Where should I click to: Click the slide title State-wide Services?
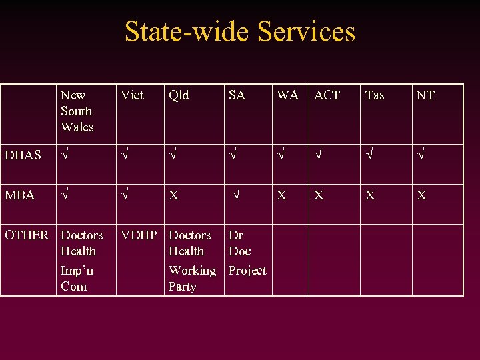click(240, 32)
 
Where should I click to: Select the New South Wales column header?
click(77, 111)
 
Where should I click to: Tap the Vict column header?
click(132, 95)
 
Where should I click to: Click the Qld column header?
click(179, 95)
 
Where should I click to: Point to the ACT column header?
click(327, 95)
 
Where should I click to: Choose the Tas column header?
click(375, 95)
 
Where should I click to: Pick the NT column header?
click(425, 95)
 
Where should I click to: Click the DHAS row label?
click(23, 155)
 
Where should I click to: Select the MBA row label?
click(19, 195)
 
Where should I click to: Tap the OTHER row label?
click(27, 235)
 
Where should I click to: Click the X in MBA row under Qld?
click(173, 196)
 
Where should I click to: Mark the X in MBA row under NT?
click(421, 195)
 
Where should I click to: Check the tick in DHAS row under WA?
click(281, 155)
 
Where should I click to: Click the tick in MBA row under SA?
click(235, 195)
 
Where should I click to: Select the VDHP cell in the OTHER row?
click(139, 235)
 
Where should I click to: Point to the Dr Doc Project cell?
click(247, 253)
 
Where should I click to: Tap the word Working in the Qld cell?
click(192, 271)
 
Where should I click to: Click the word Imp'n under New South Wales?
click(77, 271)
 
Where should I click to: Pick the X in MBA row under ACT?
click(319, 195)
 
